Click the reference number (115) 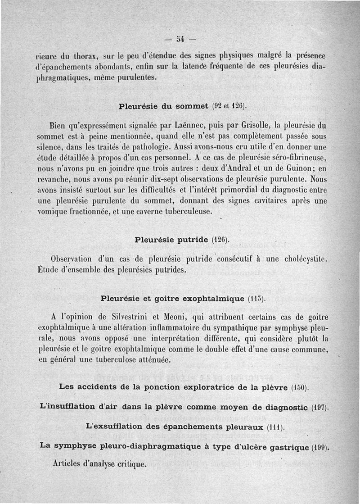click(x=257, y=299)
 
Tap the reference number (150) click(x=300, y=388)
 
